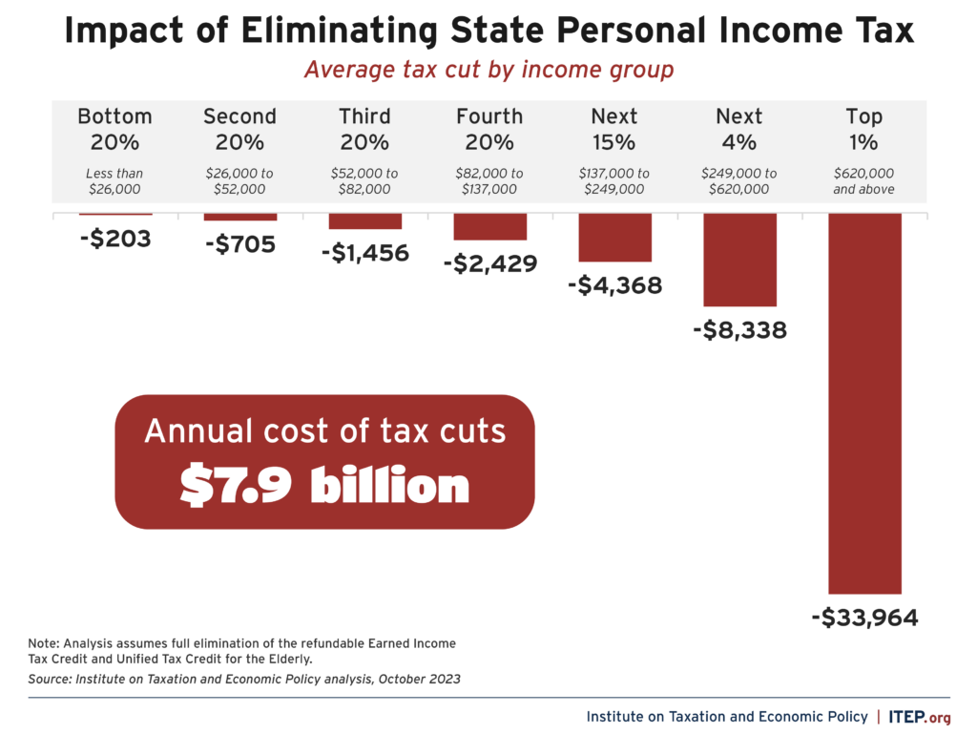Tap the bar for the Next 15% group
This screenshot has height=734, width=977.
(614, 237)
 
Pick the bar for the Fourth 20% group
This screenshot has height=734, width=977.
(489, 226)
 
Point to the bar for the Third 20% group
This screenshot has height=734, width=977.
(364, 220)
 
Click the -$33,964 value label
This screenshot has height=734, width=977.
(864, 618)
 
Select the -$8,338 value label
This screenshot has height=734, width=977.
(740, 330)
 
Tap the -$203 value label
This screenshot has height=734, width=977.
(114, 238)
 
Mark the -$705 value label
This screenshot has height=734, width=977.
(239, 244)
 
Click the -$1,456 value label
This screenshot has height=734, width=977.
(364, 253)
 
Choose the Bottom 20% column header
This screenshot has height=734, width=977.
(114, 129)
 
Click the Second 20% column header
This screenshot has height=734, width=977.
(239, 129)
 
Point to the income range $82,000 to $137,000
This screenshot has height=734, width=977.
(489, 181)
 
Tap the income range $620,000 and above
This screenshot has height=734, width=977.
(864, 181)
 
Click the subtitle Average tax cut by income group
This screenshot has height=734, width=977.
(488, 71)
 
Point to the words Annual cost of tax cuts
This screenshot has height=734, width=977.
(324, 431)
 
